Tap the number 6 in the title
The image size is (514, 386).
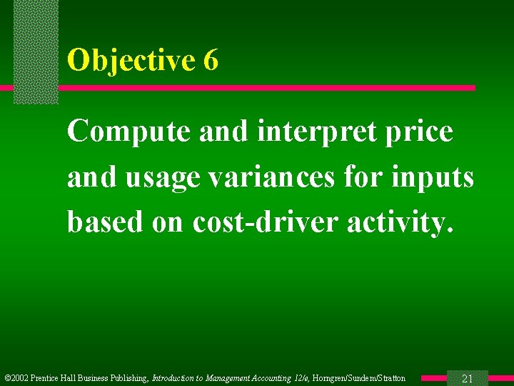211,61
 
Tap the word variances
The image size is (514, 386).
280,177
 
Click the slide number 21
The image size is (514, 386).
468,378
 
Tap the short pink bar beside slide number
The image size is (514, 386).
433,378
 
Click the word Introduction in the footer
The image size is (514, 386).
174,378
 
